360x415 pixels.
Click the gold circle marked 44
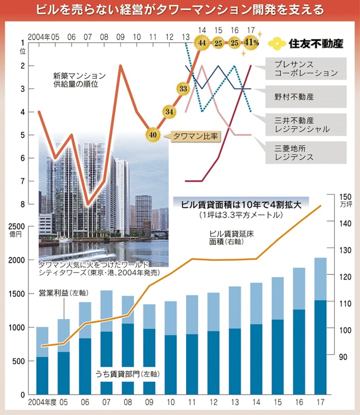pos(202,42)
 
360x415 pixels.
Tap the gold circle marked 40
pos(152,134)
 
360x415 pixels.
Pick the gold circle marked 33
pos(183,88)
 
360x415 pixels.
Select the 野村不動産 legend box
pos(306,96)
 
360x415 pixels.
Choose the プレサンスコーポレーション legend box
pos(306,68)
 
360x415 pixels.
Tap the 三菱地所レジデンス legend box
pos(306,151)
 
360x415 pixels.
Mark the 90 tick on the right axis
pos(342,357)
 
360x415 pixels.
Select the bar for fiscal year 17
pos(320,326)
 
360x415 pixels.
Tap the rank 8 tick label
pos(22,204)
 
